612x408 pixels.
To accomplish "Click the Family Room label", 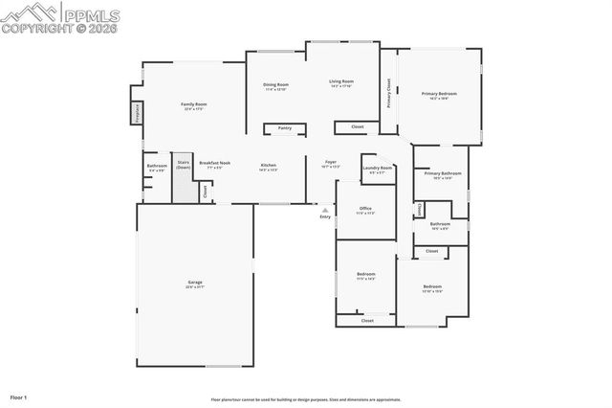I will [x=194, y=104].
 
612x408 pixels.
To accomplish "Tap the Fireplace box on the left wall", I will [x=137, y=113].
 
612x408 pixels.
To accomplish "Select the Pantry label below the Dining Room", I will [x=284, y=127].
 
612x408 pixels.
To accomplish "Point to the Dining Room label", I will [x=276, y=85].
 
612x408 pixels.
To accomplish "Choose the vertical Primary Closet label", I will [x=388, y=93].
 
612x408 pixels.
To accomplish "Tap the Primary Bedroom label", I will [x=439, y=94].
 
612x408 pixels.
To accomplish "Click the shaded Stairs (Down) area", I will [x=184, y=178].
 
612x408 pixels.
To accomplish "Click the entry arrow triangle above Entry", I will [x=325, y=210].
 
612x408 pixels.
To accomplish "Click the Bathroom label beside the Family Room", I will [x=157, y=167].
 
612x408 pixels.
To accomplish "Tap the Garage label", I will [x=195, y=283].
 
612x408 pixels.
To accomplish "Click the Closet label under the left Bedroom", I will [x=367, y=321].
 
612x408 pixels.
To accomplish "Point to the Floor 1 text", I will [x=19, y=396].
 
